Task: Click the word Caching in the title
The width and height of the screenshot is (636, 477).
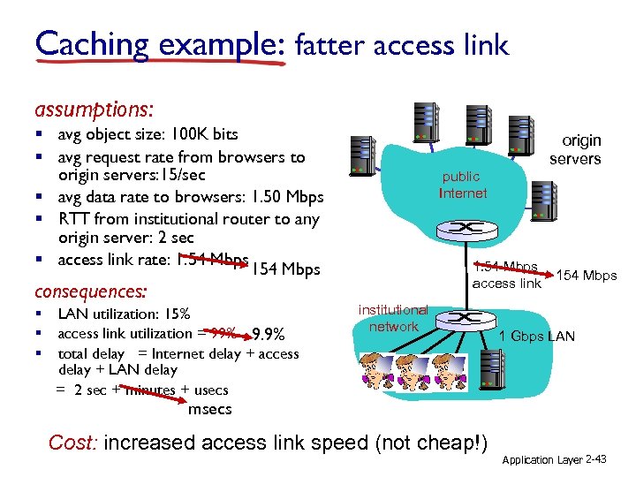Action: pos(89,43)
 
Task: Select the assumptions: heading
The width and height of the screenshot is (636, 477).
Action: pos(94,110)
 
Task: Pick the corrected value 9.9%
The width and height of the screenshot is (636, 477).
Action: pos(268,335)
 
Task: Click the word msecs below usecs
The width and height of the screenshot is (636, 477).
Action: pos(210,409)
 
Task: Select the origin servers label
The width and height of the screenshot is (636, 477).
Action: pos(575,149)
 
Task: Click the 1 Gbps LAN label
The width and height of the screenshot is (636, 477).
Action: pos(537,336)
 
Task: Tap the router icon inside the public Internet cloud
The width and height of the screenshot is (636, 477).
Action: pos(460,228)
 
